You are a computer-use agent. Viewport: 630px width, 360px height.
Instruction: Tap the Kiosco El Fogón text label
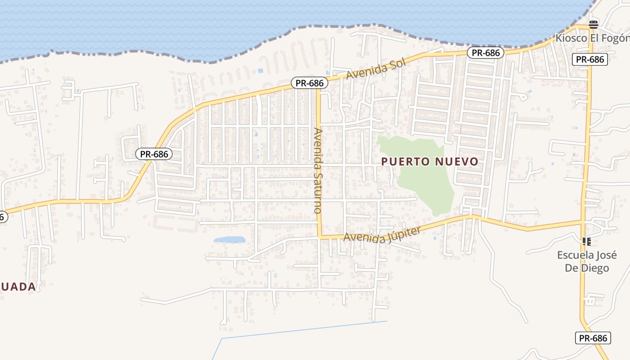[592, 38]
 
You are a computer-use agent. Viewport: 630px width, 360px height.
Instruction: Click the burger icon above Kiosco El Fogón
[594, 24]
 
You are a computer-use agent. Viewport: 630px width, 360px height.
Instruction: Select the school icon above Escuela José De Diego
[586, 242]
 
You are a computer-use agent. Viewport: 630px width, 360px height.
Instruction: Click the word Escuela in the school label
[576, 255]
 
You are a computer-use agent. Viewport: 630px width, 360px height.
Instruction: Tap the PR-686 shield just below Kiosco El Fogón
[590, 59]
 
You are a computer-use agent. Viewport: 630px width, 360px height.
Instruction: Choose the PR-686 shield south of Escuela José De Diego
[593, 338]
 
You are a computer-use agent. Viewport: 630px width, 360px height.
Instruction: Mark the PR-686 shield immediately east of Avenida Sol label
[486, 53]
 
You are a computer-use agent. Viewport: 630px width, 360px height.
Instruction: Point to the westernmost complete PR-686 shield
[154, 154]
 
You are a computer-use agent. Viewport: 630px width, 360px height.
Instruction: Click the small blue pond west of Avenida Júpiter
[229, 240]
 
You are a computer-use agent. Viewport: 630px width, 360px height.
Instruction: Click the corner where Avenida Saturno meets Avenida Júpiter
[319, 236]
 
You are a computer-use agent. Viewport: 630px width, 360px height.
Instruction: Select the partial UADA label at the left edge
[18, 287]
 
